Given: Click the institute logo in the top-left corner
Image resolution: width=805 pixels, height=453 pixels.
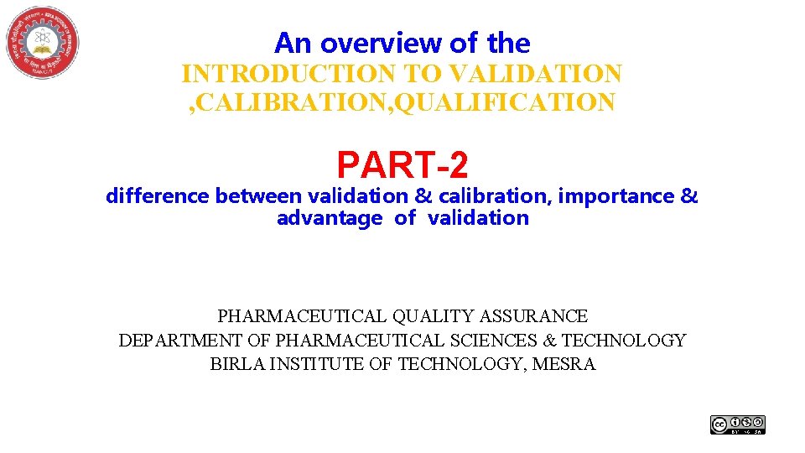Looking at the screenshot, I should click(x=42, y=43).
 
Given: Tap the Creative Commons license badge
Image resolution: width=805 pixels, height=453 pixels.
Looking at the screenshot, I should click(x=738, y=424).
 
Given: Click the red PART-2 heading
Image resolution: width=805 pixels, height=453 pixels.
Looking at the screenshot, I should click(x=402, y=164).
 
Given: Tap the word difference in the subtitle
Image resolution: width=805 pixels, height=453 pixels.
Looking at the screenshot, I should click(x=158, y=196).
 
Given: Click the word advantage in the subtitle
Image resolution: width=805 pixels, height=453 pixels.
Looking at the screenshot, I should click(x=329, y=218).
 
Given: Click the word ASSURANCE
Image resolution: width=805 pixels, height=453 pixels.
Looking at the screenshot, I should click(x=533, y=316).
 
